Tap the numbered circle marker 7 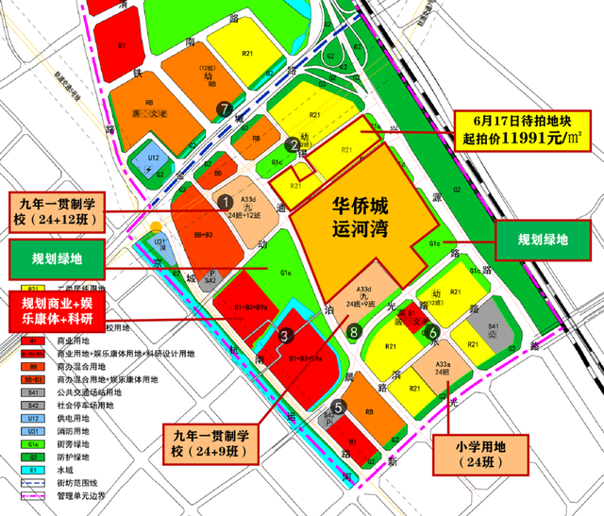[224, 108]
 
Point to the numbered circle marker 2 [293, 144]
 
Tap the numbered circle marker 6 [431, 332]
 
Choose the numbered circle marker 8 [353, 331]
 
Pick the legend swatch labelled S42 [32, 405]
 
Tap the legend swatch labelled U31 [32, 429]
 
